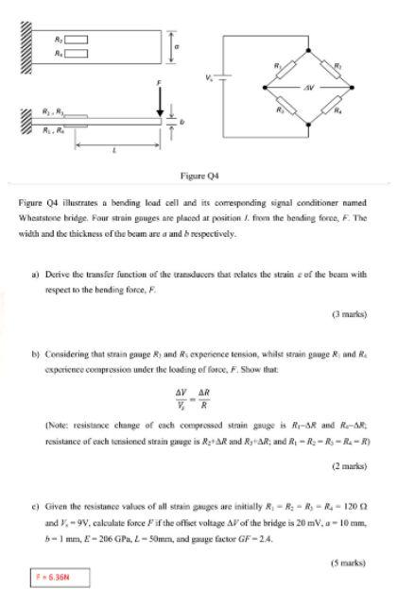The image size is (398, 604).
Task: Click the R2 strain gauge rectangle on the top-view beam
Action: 78,39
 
